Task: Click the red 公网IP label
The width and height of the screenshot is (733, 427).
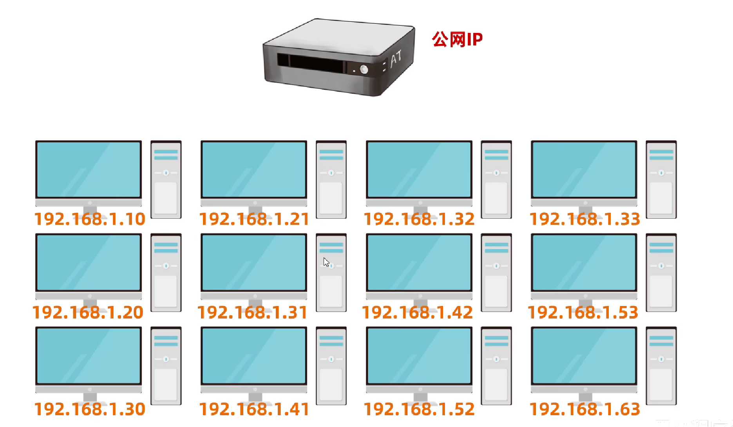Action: [457, 39]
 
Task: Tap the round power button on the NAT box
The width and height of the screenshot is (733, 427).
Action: [364, 69]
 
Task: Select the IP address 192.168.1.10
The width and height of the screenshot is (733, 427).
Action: [90, 219]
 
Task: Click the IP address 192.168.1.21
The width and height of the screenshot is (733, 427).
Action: [254, 219]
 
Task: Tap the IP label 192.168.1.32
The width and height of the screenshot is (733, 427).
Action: [419, 219]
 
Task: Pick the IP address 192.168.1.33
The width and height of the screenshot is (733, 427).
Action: [585, 219]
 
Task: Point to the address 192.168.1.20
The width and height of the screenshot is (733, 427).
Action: [88, 312]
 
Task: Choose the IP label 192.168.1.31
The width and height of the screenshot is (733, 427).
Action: [253, 312]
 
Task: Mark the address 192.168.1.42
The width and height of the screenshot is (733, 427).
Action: [418, 312]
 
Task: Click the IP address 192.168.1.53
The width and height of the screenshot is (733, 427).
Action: [583, 312]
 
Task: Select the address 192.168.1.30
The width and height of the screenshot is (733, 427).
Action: [90, 409]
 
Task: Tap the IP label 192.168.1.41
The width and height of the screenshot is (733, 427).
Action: [254, 409]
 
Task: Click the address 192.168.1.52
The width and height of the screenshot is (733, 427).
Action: [419, 409]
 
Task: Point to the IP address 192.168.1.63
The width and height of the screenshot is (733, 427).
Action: [585, 409]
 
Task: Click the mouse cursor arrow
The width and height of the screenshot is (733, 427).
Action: [326, 262]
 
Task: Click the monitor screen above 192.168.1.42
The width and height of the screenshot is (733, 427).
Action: [419, 262]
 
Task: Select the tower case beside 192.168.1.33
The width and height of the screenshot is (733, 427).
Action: [661, 179]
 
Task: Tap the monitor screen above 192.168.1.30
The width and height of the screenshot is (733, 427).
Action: [89, 355]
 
